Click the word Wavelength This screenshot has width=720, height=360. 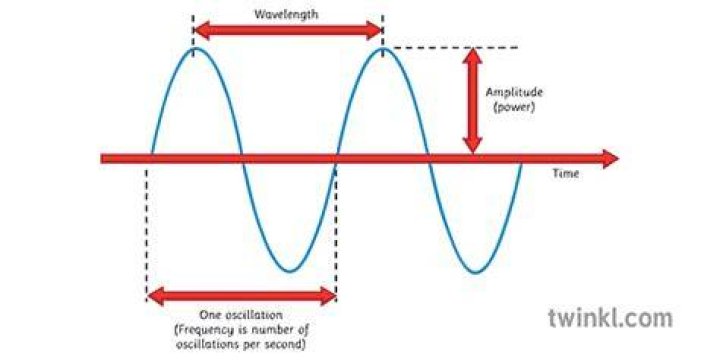[x=286, y=14]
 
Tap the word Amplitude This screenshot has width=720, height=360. [x=514, y=92]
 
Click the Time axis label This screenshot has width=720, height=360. [x=565, y=174]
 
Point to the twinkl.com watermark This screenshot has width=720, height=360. [x=610, y=318]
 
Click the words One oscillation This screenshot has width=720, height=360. [x=241, y=315]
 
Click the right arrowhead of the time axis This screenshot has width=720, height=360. [x=611, y=159]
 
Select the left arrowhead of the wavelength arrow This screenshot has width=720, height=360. [x=200, y=31]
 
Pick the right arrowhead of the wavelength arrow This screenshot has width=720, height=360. [x=374, y=31]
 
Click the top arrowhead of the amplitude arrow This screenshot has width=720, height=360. [x=472, y=55]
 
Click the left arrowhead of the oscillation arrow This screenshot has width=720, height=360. [x=155, y=296]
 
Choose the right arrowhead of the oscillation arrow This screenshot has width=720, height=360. [x=328, y=296]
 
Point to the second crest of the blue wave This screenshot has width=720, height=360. [x=383, y=48]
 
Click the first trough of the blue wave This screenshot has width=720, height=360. [x=289, y=271]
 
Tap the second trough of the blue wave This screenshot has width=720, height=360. [x=475, y=272]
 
